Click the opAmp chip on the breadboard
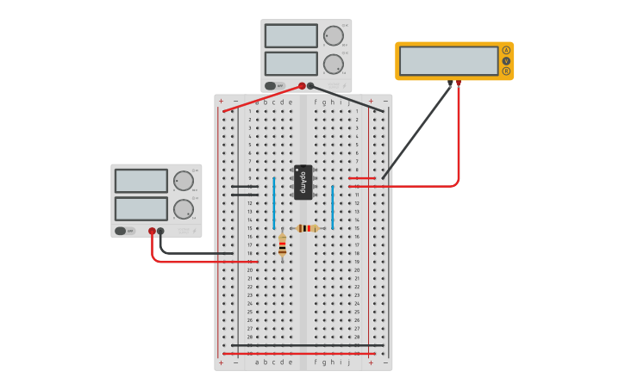(x=303, y=182)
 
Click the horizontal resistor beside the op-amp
(x=306, y=228)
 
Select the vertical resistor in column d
(x=282, y=245)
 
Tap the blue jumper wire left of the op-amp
(x=274, y=203)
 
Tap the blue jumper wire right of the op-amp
(x=332, y=207)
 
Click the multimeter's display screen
(x=448, y=61)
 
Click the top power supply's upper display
(x=291, y=36)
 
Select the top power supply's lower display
(x=291, y=64)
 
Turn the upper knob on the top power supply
(x=333, y=36)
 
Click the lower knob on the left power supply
(x=183, y=209)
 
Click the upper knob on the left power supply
(x=183, y=181)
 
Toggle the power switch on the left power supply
(x=124, y=231)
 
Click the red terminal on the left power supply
(x=152, y=231)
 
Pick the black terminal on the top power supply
(x=310, y=85)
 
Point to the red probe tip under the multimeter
(x=459, y=84)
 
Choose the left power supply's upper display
(x=141, y=181)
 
